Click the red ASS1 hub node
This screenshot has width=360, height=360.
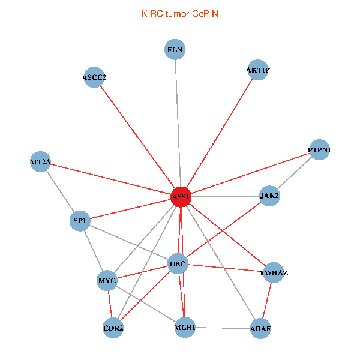[x=181, y=197]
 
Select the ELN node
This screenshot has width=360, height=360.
[x=175, y=49]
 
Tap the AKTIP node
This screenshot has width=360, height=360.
[x=257, y=70]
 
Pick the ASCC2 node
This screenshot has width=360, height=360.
[x=94, y=77]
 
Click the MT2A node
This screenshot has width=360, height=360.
[x=40, y=162]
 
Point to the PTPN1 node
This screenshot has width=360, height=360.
[x=319, y=149]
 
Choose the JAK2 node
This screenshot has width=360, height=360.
[x=269, y=196]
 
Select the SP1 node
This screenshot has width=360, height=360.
[x=80, y=221]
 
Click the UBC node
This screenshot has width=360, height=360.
[x=178, y=263]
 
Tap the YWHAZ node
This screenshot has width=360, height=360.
[x=274, y=273]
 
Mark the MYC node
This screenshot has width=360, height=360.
[x=107, y=280]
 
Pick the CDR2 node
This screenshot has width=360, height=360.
[x=113, y=328]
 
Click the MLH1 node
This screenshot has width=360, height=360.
[x=185, y=328]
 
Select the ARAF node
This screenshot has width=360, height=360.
[x=260, y=328]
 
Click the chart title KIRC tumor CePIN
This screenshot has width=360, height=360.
[x=179, y=13]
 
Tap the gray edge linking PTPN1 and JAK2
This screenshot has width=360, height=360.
[x=295, y=172]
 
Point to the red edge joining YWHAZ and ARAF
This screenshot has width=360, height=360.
[x=267, y=301]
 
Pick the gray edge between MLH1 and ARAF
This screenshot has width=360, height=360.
[x=222, y=328]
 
